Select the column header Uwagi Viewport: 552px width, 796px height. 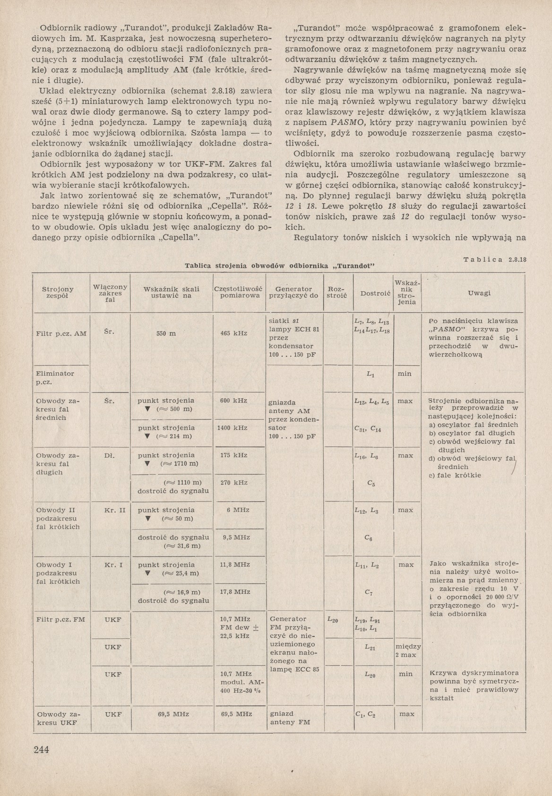[479, 293]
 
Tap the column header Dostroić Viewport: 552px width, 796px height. [375, 293]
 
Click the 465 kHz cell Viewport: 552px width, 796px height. [234, 333]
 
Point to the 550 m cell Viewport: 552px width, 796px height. [166, 333]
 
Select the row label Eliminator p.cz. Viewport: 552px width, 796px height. [55, 377]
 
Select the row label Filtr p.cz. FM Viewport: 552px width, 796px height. [60, 619]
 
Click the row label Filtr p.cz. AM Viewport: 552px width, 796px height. [61, 334]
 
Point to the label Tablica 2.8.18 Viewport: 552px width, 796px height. [495, 259]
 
